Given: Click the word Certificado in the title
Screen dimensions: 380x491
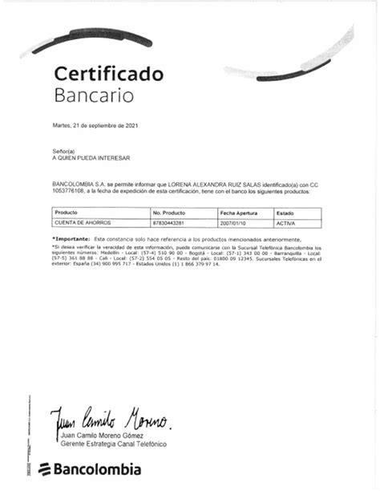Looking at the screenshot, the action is click(108, 75).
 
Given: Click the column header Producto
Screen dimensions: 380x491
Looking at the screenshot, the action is click(66, 212).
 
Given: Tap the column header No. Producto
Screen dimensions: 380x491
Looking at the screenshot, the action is click(169, 212).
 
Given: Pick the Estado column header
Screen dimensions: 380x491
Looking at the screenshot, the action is click(285, 212).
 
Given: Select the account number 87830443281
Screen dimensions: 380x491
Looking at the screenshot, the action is click(168, 222).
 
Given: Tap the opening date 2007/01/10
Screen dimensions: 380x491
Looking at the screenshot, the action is click(233, 222).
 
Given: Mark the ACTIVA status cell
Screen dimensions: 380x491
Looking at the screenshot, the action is click(285, 222).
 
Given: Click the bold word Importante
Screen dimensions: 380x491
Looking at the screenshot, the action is click(71, 240).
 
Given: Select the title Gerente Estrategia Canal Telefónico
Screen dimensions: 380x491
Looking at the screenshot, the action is click(113, 444).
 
